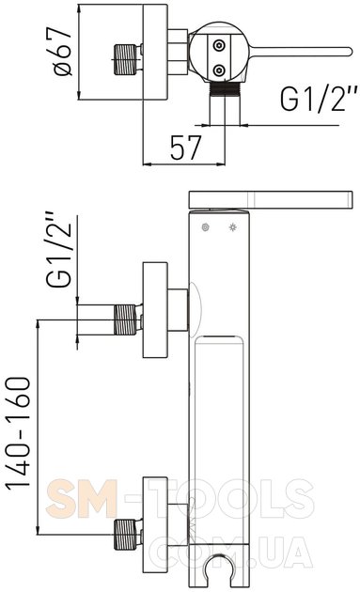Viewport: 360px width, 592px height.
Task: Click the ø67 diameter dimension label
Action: tap(63, 52)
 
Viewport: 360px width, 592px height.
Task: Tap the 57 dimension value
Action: tap(186, 148)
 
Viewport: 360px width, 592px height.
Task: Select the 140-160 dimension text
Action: tap(18, 433)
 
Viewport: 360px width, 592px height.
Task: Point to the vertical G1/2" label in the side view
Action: tap(58, 249)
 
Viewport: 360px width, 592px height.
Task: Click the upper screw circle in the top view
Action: tap(219, 46)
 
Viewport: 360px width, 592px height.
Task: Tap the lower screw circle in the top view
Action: tap(219, 70)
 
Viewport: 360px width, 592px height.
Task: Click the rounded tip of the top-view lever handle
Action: tap(350, 52)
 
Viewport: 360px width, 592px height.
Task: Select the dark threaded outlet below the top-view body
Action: tap(225, 89)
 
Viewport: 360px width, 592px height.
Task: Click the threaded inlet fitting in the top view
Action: tap(125, 59)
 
